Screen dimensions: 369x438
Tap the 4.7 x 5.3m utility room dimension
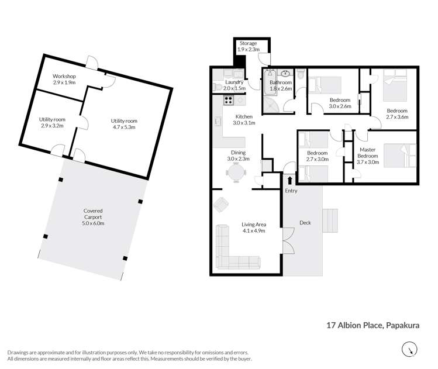(x=124, y=128)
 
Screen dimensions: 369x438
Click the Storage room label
(x=249, y=43)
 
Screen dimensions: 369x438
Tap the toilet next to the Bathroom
(x=300, y=76)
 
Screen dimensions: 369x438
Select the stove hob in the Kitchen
(x=228, y=100)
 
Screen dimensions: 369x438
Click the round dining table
(x=236, y=173)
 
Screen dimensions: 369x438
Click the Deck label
(x=305, y=222)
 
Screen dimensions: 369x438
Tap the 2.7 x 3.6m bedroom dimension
(x=396, y=117)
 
